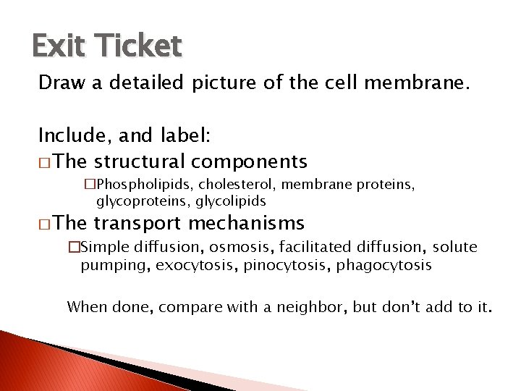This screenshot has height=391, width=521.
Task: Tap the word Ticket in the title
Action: click(135, 46)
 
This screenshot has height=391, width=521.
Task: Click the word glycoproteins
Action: click(143, 201)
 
